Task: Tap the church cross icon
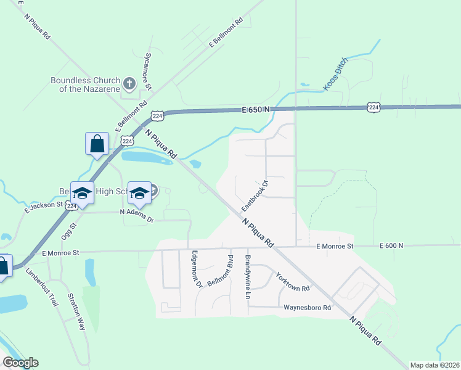[129, 83]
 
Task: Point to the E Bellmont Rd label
[227, 33]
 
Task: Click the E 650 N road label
[256, 110]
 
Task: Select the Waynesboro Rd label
[308, 307]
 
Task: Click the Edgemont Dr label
[197, 269]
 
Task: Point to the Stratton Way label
[76, 311]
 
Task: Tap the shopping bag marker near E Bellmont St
[97, 145]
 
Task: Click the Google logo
[20, 363]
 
